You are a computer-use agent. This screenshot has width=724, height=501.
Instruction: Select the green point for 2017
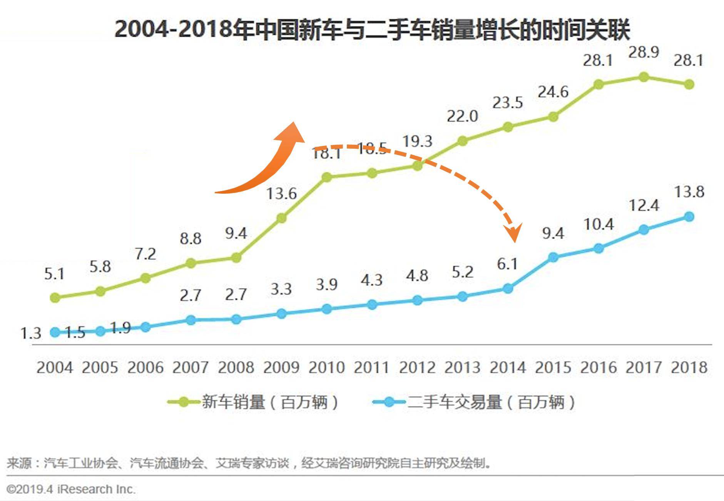click(x=644, y=77)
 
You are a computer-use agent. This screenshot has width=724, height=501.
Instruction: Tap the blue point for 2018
click(x=689, y=217)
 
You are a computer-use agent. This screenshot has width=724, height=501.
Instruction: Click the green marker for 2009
click(x=281, y=218)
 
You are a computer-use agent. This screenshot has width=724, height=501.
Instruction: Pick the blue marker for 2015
click(x=553, y=257)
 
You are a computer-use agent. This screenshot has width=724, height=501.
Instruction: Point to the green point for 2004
click(x=55, y=297)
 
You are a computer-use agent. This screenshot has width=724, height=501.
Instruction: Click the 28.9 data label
click(x=644, y=52)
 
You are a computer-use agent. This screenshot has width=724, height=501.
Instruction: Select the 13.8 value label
click(x=689, y=192)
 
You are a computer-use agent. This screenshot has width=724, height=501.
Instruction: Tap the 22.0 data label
click(x=462, y=116)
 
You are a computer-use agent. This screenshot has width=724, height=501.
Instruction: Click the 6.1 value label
click(x=507, y=264)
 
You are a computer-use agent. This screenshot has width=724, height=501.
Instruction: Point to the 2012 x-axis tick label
click(x=417, y=367)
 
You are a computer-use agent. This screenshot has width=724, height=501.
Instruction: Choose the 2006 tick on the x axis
click(x=145, y=367)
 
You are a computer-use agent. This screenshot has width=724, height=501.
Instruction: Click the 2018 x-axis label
click(x=689, y=367)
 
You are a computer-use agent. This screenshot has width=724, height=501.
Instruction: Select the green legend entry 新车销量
click(x=254, y=402)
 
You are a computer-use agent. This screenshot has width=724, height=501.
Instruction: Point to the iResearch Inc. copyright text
click(x=71, y=489)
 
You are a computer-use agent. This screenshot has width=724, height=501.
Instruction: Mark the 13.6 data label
click(x=281, y=193)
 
